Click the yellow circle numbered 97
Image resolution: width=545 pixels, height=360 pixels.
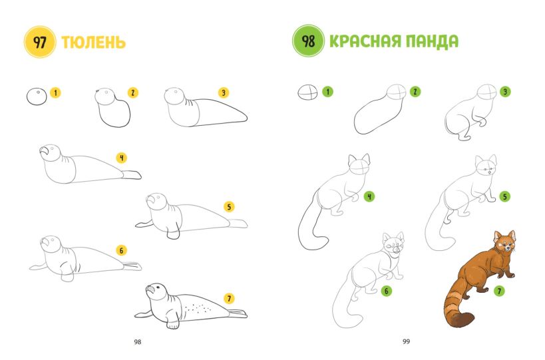[x=40, y=42]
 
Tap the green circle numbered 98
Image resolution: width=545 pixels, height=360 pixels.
[x=308, y=41]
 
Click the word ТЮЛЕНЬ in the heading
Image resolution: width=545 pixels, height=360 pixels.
[x=94, y=43]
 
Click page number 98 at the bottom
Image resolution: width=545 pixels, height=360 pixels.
[x=138, y=342]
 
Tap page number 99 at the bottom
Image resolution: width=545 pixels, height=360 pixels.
[x=407, y=341]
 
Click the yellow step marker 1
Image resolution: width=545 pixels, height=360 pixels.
[x=55, y=92]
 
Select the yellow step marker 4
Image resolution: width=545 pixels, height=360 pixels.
[x=122, y=158]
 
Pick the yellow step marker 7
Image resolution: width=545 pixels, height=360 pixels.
[x=229, y=299]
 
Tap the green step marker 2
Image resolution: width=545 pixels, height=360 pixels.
[x=415, y=92]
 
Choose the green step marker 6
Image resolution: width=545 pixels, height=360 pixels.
[x=387, y=291]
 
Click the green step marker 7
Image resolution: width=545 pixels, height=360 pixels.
[x=499, y=291]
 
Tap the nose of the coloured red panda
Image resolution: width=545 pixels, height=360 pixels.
[x=508, y=248]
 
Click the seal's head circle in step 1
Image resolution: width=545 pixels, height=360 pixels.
[x=37, y=96]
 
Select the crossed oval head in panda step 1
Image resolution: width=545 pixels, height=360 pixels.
[x=307, y=92]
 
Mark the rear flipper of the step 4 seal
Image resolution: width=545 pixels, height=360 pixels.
[x=131, y=175]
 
